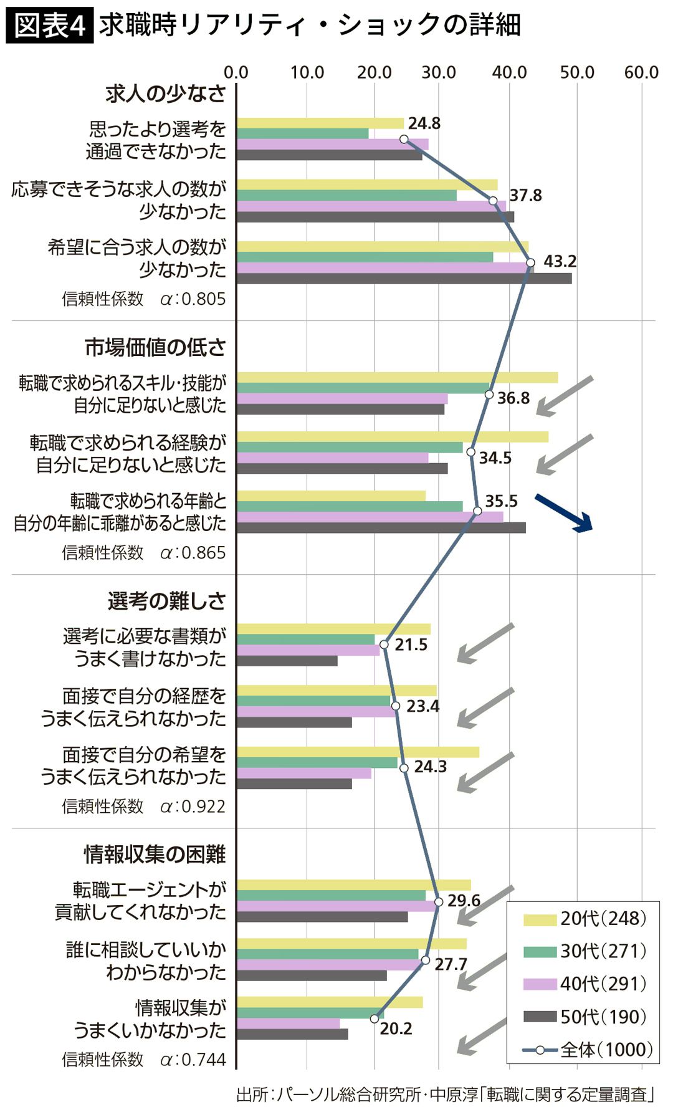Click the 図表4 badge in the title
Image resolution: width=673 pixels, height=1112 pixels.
click(x=49, y=26)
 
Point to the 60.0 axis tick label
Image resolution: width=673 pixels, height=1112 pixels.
click(x=641, y=72)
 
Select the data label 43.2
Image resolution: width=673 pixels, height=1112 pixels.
click(x=560, y=261)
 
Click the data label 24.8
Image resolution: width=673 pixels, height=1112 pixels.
click(x=424, y=123)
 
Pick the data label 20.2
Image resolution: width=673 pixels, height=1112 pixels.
click(x=396, y=1028)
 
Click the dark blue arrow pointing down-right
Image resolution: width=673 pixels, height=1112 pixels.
click(x=564, y=513)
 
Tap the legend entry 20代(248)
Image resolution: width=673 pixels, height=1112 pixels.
click(x=586, y=918)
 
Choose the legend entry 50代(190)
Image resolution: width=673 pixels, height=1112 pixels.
click(x=586, y=1017)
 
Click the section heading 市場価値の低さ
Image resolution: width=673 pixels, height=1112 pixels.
click(x=155, y=347)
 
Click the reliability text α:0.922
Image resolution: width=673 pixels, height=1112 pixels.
click(x=193, y=806)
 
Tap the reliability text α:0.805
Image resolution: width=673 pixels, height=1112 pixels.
click(x=193, y=299)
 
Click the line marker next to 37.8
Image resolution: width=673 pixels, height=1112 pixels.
click(x=493, y=201)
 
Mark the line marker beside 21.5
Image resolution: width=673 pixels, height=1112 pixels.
click(x=384, y=645)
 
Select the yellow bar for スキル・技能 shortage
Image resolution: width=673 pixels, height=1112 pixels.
click(x=397, y=377)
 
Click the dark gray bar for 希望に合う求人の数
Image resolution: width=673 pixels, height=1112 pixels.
click(x=404, y=279)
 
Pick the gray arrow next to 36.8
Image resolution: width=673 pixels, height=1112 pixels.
click(x=565, y=396)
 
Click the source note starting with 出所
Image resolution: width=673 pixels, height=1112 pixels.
click(x=445, y=1094)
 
